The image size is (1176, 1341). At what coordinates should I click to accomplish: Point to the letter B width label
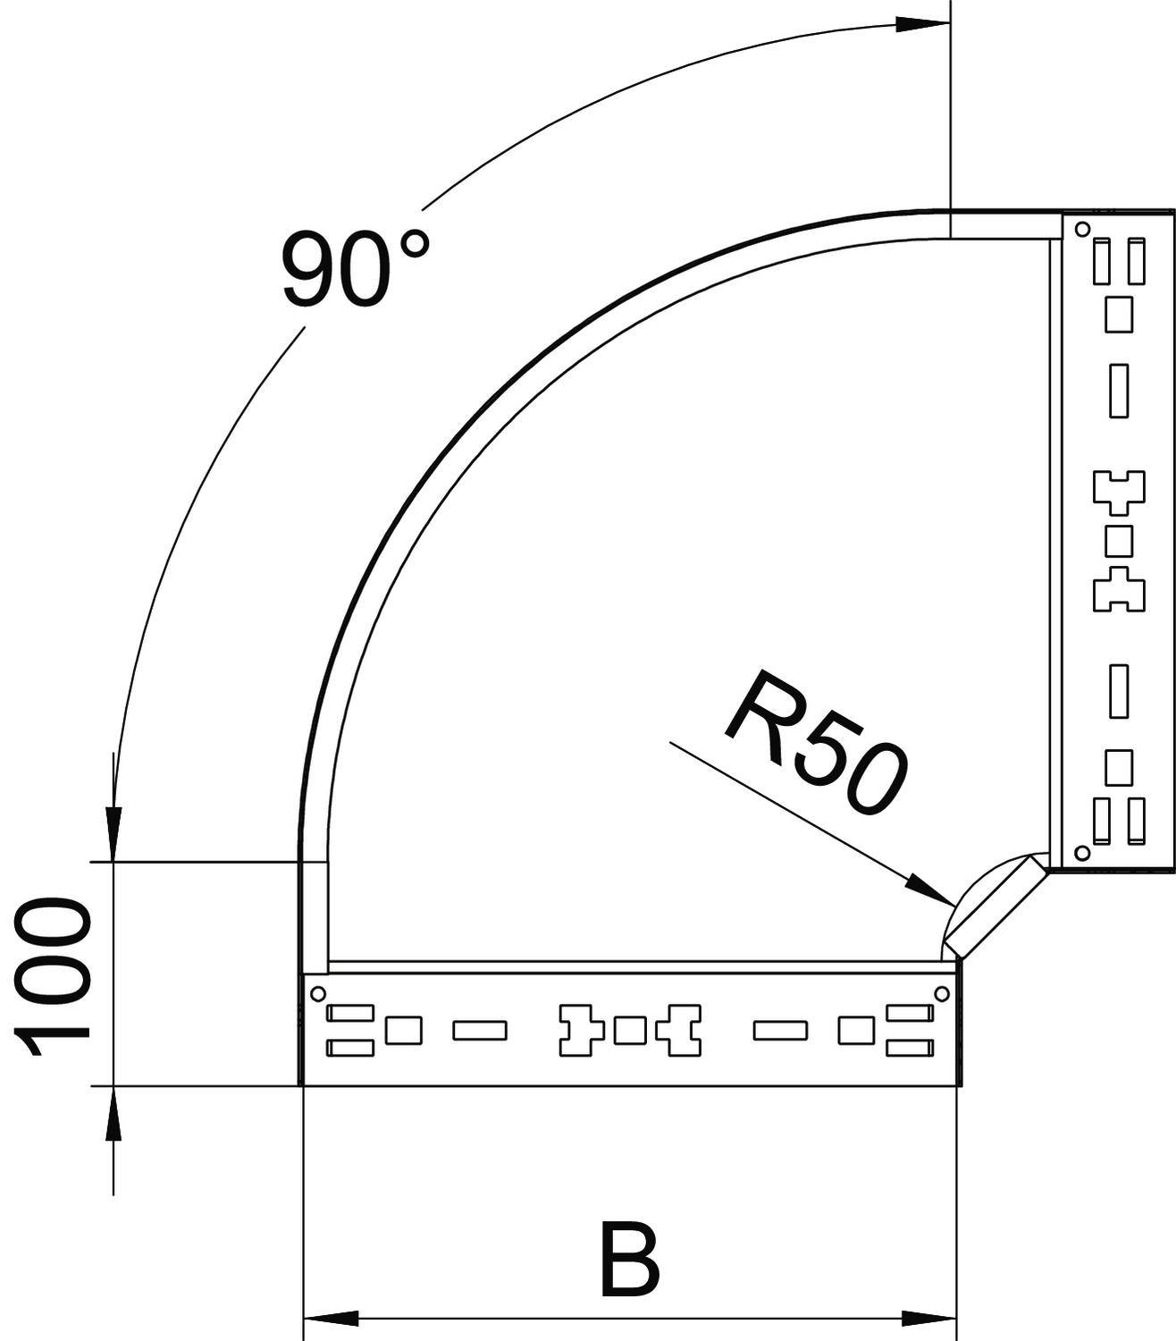[x=630, y=1261]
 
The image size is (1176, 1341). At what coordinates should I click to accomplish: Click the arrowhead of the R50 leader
[x=928, y=890]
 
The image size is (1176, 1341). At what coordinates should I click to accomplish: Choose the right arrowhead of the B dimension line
[x=929, y=1319]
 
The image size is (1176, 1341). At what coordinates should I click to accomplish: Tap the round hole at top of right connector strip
[x=1082, y=230]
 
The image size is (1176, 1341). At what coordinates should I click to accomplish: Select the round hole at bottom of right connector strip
[x=1082, y=853]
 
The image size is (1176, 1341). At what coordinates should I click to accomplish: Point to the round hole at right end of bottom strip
[x=942, y=992]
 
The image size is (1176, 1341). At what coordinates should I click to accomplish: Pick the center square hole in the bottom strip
[x=630, y=1031]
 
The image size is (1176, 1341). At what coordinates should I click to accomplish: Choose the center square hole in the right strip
[x=1120, y=541]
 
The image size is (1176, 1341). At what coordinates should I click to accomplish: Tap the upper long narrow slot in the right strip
[x=1119, y=391]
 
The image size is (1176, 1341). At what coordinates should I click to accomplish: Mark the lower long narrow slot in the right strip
[x=1119, y=690]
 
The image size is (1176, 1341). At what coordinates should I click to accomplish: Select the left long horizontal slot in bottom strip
[x=480, y=1031]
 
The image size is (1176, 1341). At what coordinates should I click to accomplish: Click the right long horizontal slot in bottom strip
[x=780, y=1031]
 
